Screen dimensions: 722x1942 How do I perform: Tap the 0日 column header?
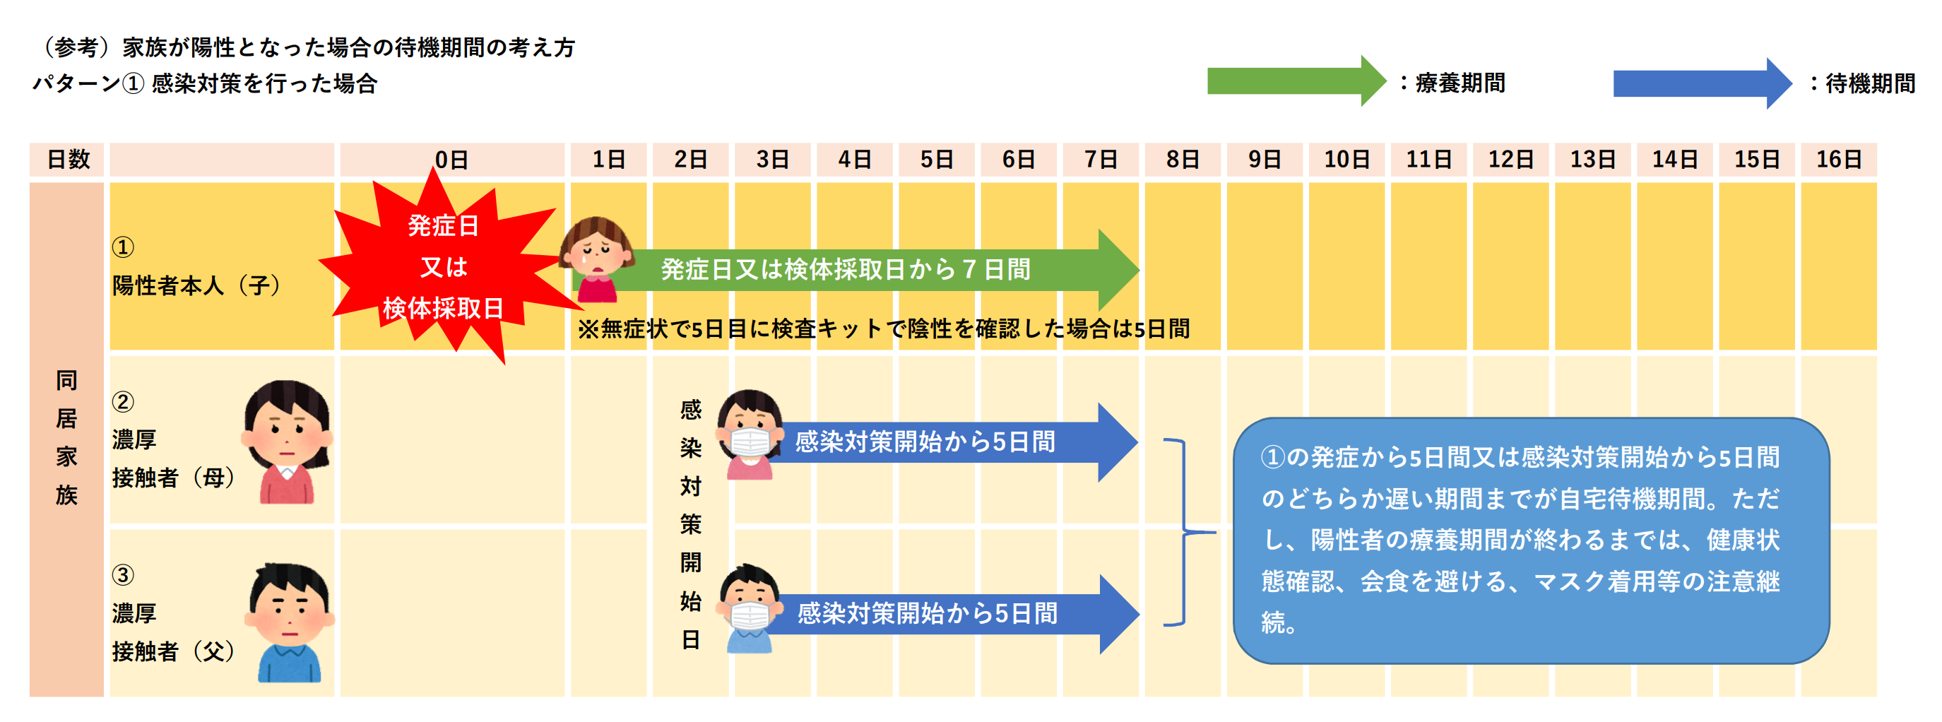pos(451,160)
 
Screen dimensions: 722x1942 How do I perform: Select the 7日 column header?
pos(1100,160)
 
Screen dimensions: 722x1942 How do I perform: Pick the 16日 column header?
pos(1838,160)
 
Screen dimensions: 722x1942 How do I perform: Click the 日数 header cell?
pos(68,160)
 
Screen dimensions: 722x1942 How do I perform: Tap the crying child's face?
pos(596,249)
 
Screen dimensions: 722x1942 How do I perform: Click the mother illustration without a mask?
pos(288,441)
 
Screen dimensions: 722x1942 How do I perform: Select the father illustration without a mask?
pos(290,622)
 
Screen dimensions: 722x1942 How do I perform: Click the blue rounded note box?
pos(1530,540)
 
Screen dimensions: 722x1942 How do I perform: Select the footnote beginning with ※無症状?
pos(883,329)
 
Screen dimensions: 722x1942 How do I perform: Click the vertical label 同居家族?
pos(66,437)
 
